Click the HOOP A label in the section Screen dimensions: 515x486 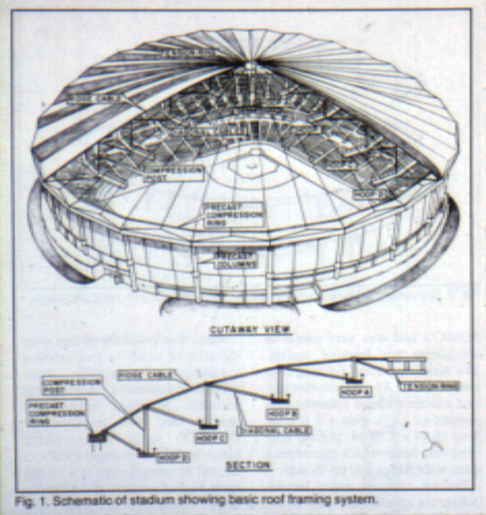pos(355,392)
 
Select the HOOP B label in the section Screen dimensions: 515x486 pos(282,414)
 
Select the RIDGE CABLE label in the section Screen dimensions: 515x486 pos(145,375)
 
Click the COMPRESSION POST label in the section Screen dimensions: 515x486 pos(71,386)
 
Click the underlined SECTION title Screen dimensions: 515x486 pos(248,466)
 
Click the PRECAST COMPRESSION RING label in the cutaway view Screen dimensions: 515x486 pos(234,214)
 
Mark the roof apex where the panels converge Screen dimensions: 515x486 pos(250,64)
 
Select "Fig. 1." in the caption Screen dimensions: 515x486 pos(28,500)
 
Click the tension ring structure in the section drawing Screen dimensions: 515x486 pos(406,365)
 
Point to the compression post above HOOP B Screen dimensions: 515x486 pos(280,382)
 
